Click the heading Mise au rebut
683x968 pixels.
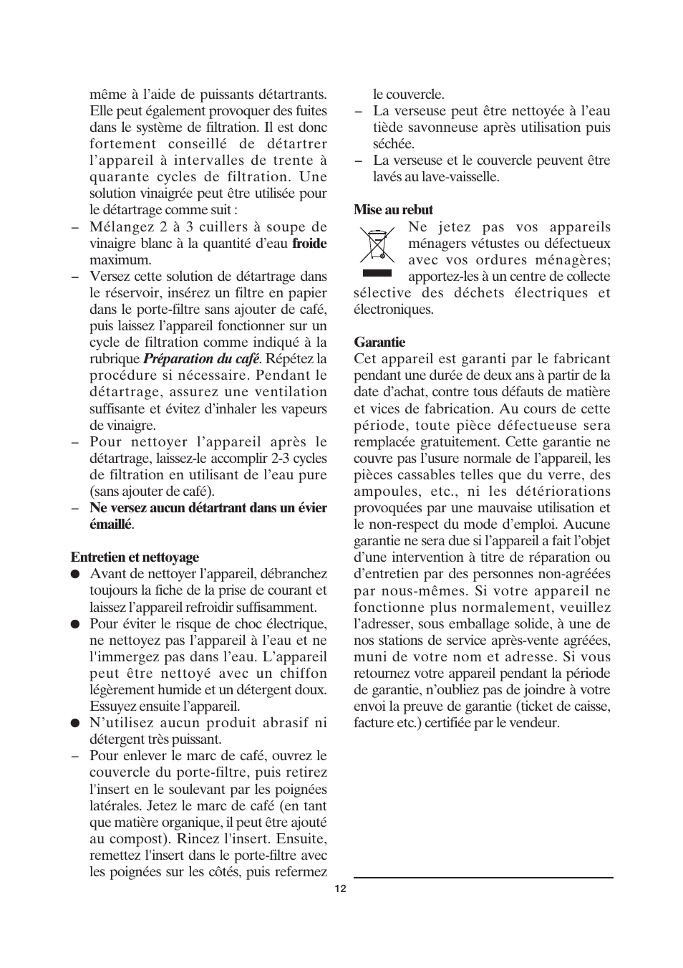coord(393,210)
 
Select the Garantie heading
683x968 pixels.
coord(379,342)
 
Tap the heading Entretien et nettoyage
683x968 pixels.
coord(135,557)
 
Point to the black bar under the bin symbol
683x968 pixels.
coord(377,273)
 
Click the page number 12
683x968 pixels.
coord(340,888)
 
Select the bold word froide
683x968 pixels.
coord(309,244)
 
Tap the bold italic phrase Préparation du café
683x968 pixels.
coord(201,359)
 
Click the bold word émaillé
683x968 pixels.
coord(110,524)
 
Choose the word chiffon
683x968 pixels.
coord(304,674)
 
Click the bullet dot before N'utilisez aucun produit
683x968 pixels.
coord(74,723)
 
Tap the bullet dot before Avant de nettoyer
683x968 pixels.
coord(74,574)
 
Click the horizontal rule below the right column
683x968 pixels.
coord(483,878)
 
